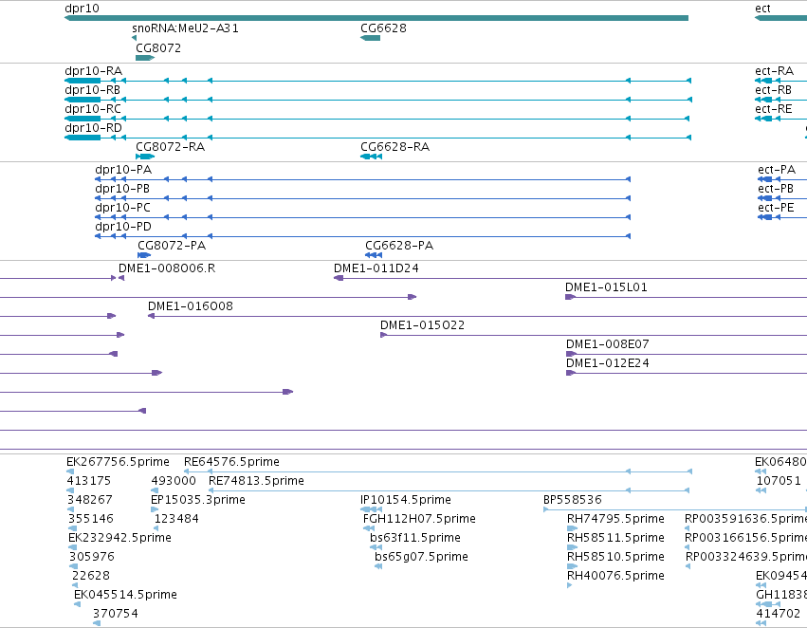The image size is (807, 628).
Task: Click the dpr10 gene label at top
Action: tap(82, 9)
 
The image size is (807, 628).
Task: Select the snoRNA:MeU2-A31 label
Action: tap(185, 28)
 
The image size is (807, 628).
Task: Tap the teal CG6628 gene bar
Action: tap(370, 38)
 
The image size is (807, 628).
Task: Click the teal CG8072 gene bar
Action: tap(145, 58)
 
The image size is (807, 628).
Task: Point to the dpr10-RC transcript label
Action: tap(93, 109)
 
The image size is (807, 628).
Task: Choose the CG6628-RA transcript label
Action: tap(394, 147)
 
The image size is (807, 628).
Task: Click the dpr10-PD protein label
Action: tap(123, 227)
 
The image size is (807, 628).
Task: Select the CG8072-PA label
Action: tap(172, 246)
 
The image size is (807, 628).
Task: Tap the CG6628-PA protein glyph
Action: tap(374, 255)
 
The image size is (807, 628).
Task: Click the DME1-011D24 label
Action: tap(376, 268)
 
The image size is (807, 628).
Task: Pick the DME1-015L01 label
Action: tap(606, 287)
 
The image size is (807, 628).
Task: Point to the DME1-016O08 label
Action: tap(191, 306)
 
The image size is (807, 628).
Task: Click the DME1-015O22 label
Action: tap(422, 325)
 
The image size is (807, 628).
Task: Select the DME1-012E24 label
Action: tap(607, 363)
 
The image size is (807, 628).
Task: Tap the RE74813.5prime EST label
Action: tap(256, 481)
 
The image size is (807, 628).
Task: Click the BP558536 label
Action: tap(573, 500)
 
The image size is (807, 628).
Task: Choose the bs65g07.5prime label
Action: tap(421, 557)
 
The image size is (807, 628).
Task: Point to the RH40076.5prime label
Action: tap(615, 576)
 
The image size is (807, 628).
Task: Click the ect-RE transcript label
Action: tap(773, 109)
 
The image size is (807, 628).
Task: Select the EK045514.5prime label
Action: tap(125, 595)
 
